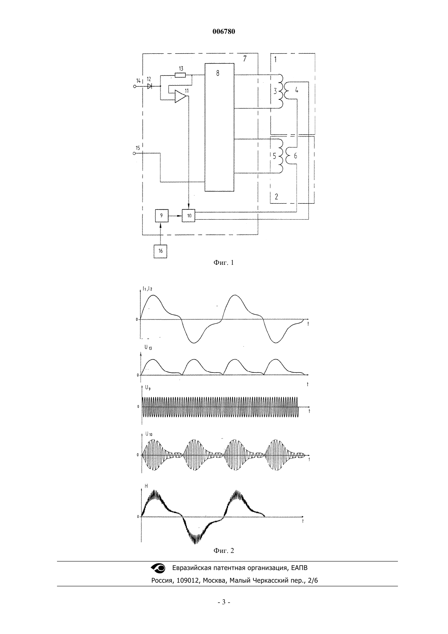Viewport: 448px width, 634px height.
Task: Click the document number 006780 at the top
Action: pyautogui.click(x=224, y=32)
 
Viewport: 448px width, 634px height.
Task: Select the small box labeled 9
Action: pyautogui.click(x=162, y=216)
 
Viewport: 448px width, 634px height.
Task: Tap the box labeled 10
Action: pyautogui.click(x=189, y=216)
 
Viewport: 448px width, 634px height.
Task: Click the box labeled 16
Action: pyautogui.click(x=160, y=251)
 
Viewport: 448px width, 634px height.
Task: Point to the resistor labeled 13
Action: pyautogui.click(x=180, y=75)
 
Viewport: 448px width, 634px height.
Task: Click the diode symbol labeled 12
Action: pyautogui.click(x=149, y=86)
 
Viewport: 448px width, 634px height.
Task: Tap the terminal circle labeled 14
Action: pyautogui.click(x=135, y=86)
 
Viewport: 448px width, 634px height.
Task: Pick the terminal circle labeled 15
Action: pyautogui.click(x=134, y=153)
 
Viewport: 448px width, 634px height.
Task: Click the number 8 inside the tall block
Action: pyautogui.click(x=217, y=73)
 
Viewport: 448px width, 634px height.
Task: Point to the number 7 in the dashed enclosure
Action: pyautogui.click(x=245, y=59)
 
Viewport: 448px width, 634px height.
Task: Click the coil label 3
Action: pyautogui.click(x=275, y=91)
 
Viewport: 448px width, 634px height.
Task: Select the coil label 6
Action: pyautogui.click(x=295, y=156)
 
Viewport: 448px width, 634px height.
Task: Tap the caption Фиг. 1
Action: pyautogui.click(x=224, y=263)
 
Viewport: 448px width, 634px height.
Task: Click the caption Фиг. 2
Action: pyautogui.click(x=224, y=550)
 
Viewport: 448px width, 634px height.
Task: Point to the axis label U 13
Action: pyautogui.click(x=148, y=347)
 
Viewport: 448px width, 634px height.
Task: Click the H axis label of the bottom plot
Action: pyautogui.click(x=146, y=486)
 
